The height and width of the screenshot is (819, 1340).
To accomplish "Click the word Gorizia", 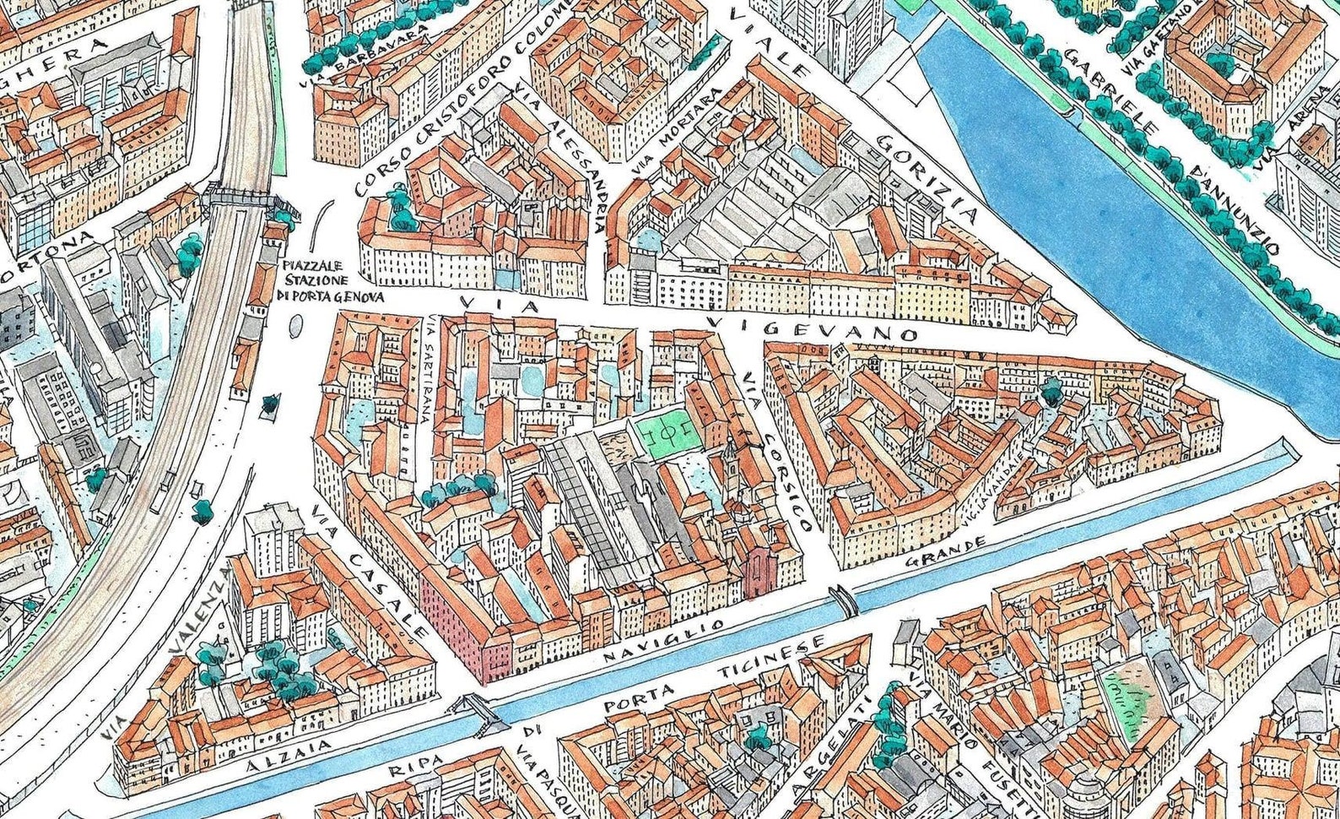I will [x=928, y=177].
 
